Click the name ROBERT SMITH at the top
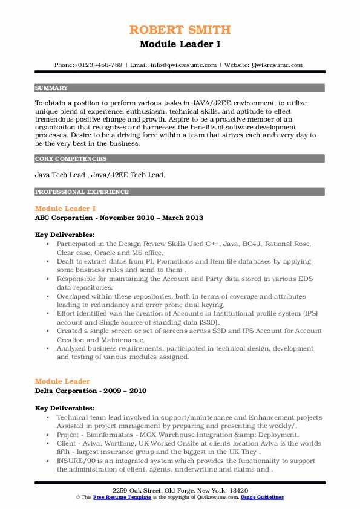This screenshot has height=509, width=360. point(180,30)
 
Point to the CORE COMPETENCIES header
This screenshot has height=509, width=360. point(71,159)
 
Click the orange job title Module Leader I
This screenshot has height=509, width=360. point(65,209)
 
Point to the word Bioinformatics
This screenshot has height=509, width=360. point(110,435)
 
